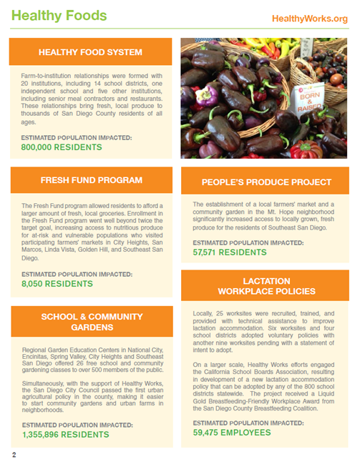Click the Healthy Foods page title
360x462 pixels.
tap(59, 15)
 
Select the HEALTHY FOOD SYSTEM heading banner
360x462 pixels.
tap(90, 51)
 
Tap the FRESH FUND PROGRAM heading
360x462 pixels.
tap(90, 181)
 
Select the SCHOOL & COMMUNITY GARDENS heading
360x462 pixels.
tap(90, 322)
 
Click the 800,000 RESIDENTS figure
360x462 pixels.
tap(62, 147)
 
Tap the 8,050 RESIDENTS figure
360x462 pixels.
tap(57, 283)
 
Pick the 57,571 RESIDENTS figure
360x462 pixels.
tap(230, 252)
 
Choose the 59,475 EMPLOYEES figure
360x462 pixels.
tap(233, 433)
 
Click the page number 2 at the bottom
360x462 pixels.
tap(14, 454)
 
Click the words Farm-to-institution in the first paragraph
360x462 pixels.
tap(50, 74)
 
